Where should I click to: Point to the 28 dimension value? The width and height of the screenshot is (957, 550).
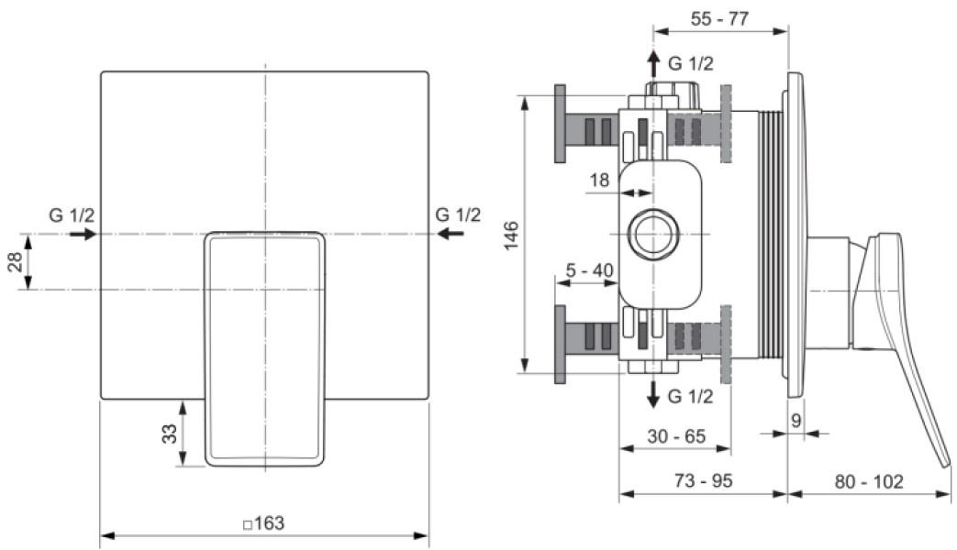pos(15,261)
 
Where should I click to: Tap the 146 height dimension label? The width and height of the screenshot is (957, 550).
pos(511,235)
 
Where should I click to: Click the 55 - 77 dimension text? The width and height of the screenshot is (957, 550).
pos(719,18)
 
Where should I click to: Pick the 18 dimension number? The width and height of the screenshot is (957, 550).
pos(599,180)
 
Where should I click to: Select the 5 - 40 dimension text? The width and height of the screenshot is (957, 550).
pos(590,270)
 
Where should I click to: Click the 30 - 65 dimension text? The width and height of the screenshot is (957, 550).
pos(676,436)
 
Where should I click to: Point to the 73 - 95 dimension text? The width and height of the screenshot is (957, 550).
pos(703,480)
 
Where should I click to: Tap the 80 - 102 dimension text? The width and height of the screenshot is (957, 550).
pos(869,481)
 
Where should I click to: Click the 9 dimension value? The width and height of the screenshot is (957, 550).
pos(796,420)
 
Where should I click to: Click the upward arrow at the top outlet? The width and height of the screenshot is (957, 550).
pos(653,63)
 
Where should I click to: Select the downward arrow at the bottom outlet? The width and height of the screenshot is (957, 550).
pos(653,394)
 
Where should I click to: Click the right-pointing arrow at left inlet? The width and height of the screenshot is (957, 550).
pos(83,234)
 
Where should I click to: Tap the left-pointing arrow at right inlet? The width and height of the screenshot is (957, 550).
pos(451,234)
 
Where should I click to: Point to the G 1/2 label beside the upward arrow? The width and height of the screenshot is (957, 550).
pos(690,63)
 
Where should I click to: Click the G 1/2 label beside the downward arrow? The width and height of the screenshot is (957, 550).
pos(690,396)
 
